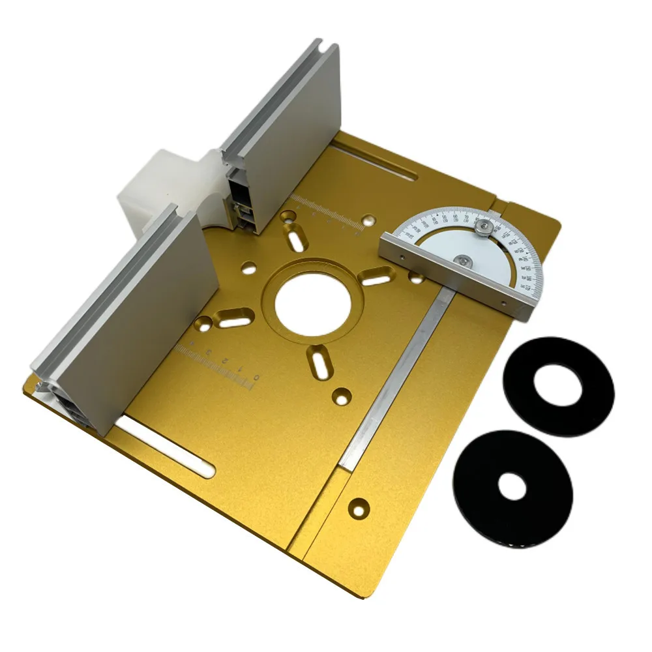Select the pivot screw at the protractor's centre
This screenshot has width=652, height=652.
462,261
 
